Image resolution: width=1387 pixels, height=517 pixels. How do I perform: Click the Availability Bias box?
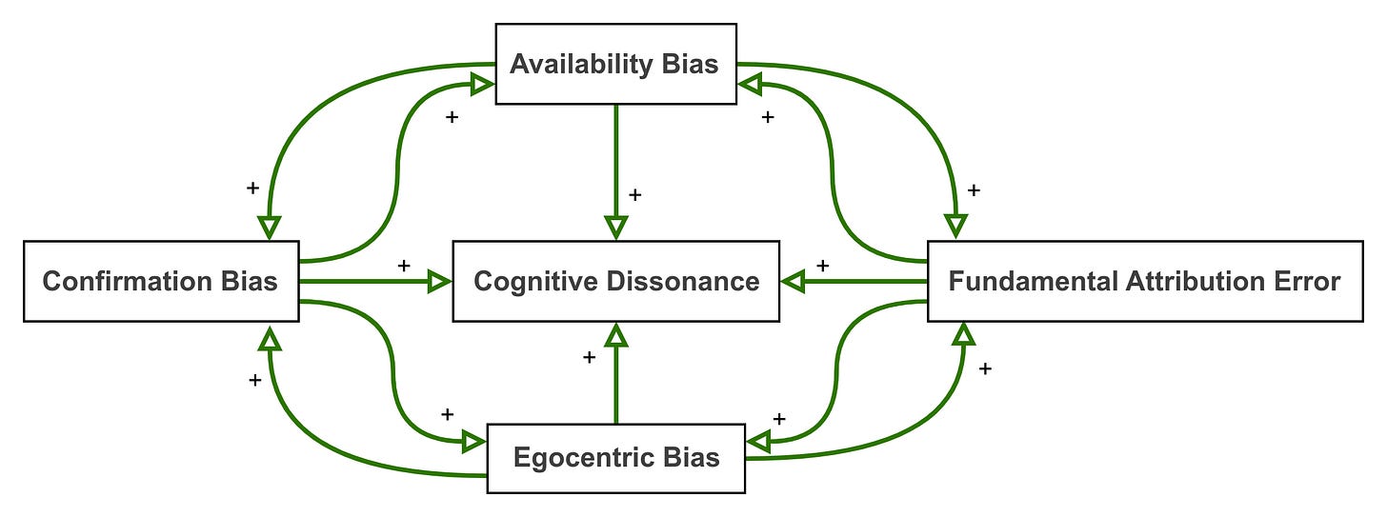pos(615,64)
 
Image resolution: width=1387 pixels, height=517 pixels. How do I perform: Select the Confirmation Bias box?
pos(160,281)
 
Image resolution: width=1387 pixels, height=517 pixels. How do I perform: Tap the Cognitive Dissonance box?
pos(615,281)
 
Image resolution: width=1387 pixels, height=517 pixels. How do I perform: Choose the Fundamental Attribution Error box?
pos(1144,281)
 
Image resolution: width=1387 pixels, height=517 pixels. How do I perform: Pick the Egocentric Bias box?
pos(615,457)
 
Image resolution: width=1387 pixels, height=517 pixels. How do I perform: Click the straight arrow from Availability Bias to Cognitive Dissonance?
pos(615,162)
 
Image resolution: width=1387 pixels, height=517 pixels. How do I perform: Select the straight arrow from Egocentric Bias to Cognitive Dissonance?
pos(615,381)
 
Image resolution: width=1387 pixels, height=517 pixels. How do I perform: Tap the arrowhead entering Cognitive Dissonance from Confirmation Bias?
pos(439,281)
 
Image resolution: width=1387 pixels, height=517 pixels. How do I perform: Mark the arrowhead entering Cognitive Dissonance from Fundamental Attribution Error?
pos(793,281)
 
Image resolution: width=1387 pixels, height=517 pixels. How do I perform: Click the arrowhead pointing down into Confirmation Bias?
pos(270,227)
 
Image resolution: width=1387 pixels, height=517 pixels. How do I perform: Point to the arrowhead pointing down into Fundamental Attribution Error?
pos(955,227)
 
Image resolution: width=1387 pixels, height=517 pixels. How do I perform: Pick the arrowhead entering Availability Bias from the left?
pos(482,84)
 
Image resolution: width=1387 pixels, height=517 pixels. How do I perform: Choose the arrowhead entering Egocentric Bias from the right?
pos(758,442)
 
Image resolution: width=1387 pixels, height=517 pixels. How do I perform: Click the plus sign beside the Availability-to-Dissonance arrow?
pos(635,194)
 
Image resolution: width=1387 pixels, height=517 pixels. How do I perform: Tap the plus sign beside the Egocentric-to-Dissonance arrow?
pos(589,357)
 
